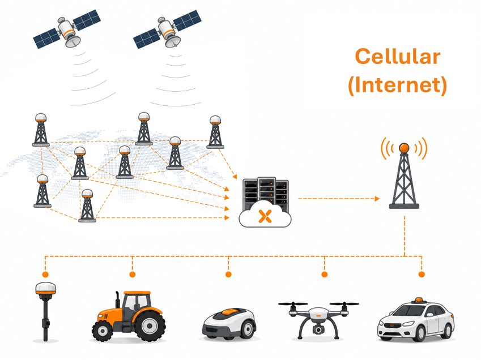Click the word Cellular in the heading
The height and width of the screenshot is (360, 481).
click(398, 57)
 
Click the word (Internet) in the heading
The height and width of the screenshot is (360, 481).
click(398, 84)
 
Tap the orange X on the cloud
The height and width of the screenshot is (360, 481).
click(265, 216)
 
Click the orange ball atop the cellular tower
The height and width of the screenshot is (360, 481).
click(404, 148)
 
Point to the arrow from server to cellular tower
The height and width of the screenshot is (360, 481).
click(339, 199)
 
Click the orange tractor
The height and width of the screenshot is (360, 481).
click(129, 316)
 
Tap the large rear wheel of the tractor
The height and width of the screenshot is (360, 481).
click(150, 325)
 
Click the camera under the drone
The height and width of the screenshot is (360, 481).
click(318, 329)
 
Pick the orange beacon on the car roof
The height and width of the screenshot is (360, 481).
click(419, 299)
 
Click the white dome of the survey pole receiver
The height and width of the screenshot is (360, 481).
click(45, 288)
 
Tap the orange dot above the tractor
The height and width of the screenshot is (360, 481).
click(132, 274)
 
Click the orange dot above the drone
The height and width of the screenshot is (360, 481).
click(324, 274)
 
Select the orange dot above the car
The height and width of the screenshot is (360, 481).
click(422, 274)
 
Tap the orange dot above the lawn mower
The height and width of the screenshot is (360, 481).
click(228, 274)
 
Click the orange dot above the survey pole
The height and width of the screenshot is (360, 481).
click(45, 274)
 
